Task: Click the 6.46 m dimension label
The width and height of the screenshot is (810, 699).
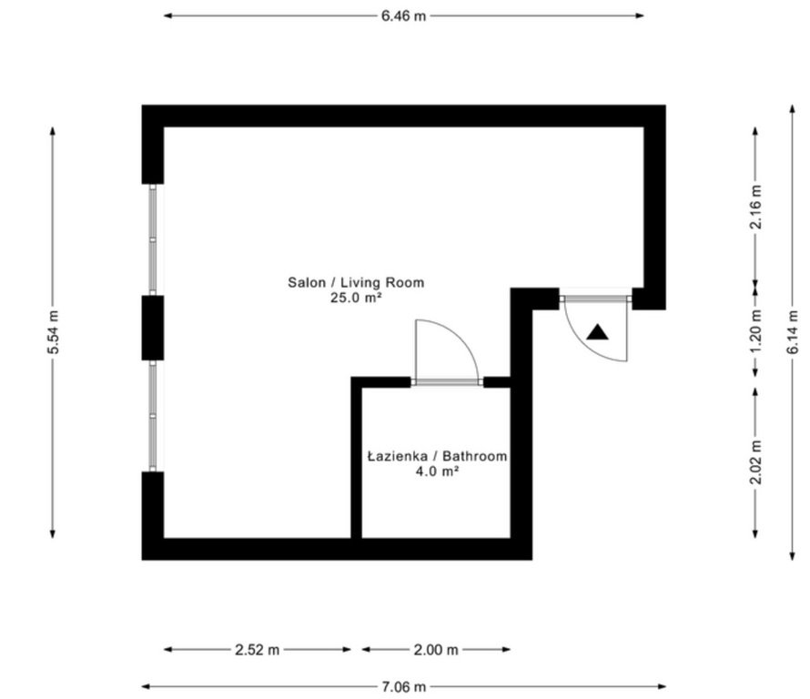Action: tap(403, 16)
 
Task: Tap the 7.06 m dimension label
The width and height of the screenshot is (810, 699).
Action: tap(403, 686)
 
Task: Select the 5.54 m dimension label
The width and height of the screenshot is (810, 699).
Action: tap(53, 332)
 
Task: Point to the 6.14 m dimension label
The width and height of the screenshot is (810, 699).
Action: tap(793, 332)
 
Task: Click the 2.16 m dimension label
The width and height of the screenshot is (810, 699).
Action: tap(755, 207)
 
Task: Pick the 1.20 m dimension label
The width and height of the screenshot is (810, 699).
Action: tap(755, 331)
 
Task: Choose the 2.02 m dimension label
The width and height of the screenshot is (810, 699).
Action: tap(755, 461)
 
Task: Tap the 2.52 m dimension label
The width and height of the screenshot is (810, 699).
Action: tap(257, 650)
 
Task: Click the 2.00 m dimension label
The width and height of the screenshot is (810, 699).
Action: tap(435, 650)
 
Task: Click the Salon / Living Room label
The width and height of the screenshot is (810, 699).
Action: tap(356, 282)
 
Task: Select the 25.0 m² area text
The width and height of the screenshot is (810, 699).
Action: tap(356, 298)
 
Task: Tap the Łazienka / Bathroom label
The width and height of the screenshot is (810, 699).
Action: tap(437, 456)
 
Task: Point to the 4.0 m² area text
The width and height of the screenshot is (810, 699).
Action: tap(437, 471)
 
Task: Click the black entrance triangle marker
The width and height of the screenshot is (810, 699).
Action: tap(598, 332)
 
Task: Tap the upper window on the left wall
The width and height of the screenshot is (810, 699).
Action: tap(153, 239)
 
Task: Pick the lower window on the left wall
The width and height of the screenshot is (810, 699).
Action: tap(153, 415)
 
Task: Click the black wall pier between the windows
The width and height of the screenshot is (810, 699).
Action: tap(153, 328)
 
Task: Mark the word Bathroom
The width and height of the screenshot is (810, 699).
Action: tap(475, 456)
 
